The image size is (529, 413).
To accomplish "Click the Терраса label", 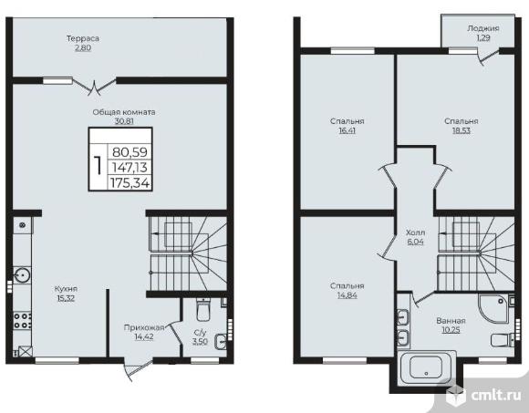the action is (83, 38).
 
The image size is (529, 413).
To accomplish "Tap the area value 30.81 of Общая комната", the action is (124, 121).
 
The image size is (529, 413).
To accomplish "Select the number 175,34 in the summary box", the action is (130, 183).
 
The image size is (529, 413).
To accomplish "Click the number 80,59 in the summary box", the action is (130, 152).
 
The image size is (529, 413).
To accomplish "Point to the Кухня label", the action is (66, 289).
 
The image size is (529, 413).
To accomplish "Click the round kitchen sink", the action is (22, 275).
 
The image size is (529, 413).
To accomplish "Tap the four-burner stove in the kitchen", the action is (22, 321).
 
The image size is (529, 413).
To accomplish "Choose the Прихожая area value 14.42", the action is (144, 336).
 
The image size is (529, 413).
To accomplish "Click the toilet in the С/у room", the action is (203, 309).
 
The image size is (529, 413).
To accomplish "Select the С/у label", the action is (200, 333).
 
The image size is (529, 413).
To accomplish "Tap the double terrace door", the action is (94, 86).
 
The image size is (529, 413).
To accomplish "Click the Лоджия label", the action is (483, 28).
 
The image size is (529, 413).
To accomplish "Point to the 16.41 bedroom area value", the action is (347, 130).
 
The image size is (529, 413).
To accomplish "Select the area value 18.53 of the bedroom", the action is (462, 130).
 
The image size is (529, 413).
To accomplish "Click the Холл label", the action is (415, 232).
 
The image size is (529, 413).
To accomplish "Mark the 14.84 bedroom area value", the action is (347, 295).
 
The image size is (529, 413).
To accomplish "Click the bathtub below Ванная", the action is (427, 368).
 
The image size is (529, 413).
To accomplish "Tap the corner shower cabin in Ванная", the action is (493, 308).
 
